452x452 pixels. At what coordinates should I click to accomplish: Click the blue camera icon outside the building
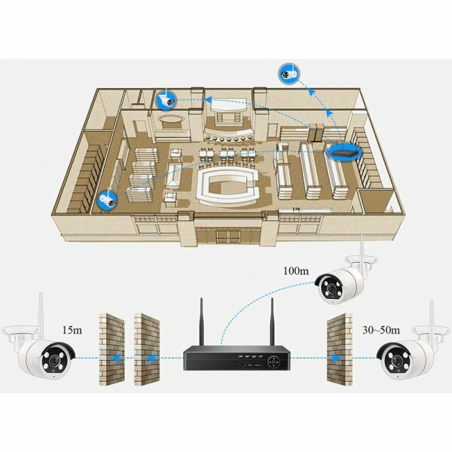(286, 72)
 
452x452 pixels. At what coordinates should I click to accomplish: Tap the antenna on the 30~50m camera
(431, 320)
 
